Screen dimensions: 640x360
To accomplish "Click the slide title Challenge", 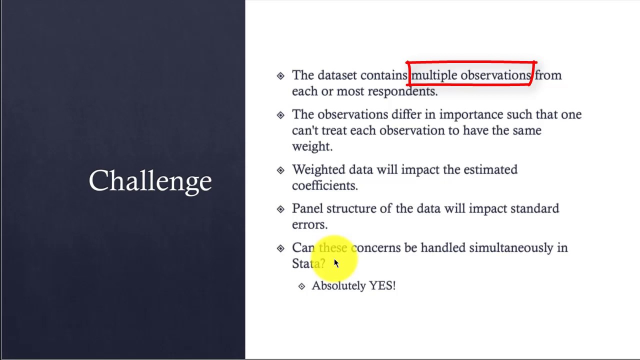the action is coord(150,181).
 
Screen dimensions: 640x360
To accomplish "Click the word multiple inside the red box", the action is coord(434,75).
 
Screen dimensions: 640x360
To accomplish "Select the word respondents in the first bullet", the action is coord(402,91).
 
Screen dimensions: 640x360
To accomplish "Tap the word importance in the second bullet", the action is coord(471,115).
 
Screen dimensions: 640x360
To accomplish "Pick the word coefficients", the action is coord(325,185).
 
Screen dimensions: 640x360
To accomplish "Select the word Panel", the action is coord(307,208).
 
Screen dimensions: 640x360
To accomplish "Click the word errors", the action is coord(309,225).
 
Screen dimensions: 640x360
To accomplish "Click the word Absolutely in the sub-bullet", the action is coord(338,285).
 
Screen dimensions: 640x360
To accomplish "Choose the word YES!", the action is coord(382,285).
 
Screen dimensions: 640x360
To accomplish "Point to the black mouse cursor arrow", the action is coord(336,263).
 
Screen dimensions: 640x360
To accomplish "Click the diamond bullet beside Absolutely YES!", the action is coord(301,286).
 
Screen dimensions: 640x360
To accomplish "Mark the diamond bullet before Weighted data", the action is coord(280,170).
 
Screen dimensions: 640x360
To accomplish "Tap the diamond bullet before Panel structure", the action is coord(280,209).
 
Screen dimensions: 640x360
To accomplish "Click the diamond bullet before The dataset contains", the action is coord(280,75).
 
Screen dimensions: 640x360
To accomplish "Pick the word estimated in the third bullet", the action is coord(490,169).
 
